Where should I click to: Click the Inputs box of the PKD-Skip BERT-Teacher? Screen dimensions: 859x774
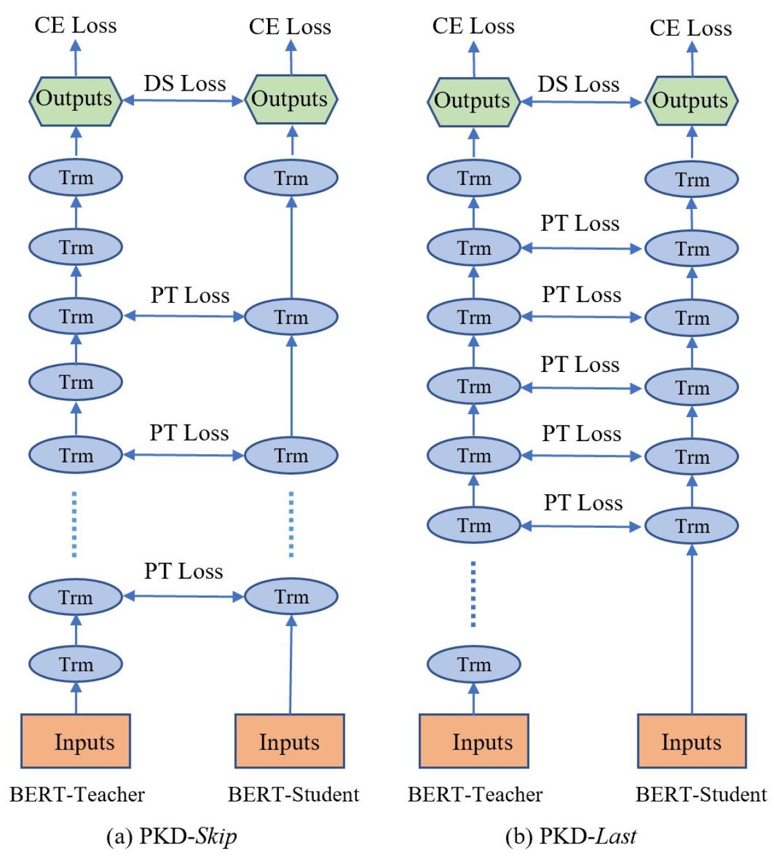click(76, 741)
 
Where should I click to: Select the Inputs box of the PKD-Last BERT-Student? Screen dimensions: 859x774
click(691, 741)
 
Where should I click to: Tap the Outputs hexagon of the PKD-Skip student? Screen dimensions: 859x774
click(291, 99)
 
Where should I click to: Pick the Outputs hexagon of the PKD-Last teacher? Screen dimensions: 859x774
click(473, 100)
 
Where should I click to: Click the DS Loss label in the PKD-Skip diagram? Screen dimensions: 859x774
click(184, 83)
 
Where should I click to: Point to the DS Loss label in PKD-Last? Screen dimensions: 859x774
click(578, 84)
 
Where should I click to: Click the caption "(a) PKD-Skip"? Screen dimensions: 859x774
click(171, 836)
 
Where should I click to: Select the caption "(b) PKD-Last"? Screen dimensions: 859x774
click(571, 836)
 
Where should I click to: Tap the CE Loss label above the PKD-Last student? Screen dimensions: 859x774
click(691, 28)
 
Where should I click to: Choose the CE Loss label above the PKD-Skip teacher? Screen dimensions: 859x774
click(76, 25)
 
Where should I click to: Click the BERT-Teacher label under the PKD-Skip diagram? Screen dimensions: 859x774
click(77, 794)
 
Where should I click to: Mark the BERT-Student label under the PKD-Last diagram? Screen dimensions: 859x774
click(701, 794)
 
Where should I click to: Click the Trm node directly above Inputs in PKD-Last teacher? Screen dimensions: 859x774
click(473, 664)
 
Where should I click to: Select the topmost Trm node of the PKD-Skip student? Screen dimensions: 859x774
click(291, 178)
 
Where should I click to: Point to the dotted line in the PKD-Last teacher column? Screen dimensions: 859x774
click(473, 594)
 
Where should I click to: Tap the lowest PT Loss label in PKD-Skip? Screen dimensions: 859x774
click(183, 571)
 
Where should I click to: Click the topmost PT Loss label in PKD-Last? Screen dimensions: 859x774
click(580, 223)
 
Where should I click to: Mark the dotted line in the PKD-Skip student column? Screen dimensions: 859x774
click(291, 524)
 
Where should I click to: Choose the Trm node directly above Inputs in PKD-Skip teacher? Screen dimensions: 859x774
click(76, 664)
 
